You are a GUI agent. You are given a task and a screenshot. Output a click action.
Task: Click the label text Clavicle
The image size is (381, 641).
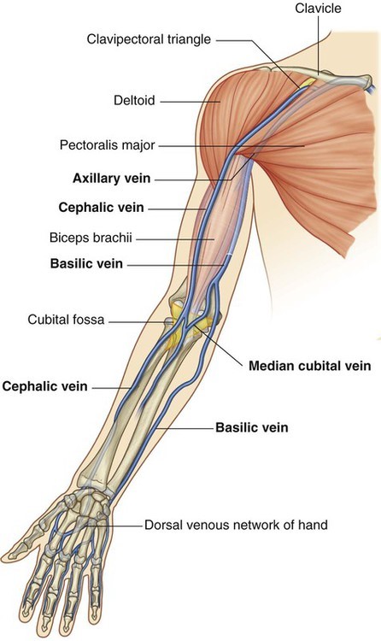[318, 9]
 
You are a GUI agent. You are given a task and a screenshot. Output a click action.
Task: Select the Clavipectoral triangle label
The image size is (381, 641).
[149, 39]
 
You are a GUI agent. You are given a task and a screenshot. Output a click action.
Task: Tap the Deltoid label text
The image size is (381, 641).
[134, 101]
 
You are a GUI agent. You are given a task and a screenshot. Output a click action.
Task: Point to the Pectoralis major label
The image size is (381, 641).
[107, 145]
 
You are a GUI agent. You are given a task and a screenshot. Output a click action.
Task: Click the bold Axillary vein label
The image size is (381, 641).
[112, 179]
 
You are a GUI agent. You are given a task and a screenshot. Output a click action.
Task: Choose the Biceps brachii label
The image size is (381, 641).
[91, 238]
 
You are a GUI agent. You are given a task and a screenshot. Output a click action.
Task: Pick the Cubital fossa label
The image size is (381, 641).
[66, 320]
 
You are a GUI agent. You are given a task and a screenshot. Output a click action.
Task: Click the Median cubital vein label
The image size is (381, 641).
[310, 366]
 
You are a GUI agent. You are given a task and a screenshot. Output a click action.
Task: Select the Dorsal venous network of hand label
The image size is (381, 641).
[236, 524]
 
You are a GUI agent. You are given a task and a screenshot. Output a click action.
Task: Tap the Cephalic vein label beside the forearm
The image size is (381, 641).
[45, 386]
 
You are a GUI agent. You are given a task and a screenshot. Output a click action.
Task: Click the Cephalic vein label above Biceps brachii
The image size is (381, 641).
[101, 208]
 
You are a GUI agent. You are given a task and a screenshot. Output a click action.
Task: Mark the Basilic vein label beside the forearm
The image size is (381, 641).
[252, 427]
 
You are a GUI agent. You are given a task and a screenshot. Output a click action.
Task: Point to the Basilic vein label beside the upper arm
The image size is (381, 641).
[86, 263]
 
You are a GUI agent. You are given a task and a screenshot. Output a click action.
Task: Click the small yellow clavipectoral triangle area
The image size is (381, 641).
[308, 83]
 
